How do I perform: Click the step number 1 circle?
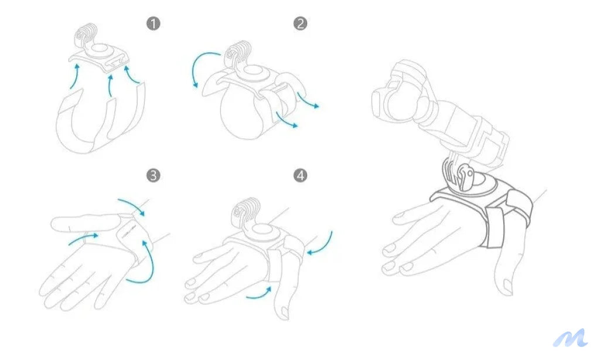(x=153, y=23)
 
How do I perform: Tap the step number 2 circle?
(x=301, y=23)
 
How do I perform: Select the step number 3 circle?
(x=153, y=176)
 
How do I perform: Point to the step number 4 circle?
(x=301, y=176)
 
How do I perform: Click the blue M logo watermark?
(x=570, y=338)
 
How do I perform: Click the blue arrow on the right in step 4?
(x=323, y=245)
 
